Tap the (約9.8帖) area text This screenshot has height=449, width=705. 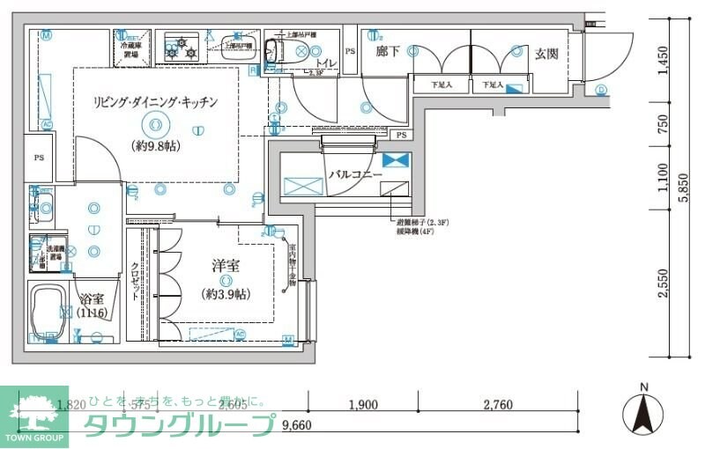click(156, 146)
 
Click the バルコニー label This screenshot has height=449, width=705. click(355, 175)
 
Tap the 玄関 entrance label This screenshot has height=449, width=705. click(546, 54)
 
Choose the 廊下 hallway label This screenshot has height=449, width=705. click(388, 52)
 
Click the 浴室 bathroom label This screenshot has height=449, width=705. click(91, 298)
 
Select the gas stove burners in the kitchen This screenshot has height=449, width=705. click(182, 48)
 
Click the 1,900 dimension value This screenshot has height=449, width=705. click(362, 405)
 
